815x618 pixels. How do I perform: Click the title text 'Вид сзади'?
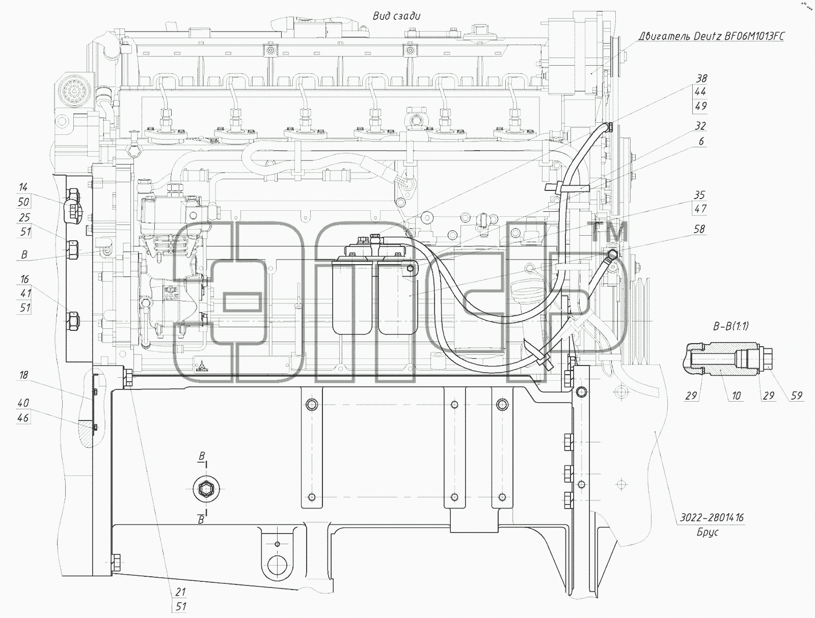point(396,16)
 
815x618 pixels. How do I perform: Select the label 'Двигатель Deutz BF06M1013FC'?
point(712,36)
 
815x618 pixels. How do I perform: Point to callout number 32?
point(700,126)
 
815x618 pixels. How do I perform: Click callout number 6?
point(701,142)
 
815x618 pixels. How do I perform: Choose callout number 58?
point(699,229)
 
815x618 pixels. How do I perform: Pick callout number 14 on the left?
point(23,187)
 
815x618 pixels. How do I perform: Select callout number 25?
point(24,217)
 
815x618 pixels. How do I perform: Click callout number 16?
point(24,279)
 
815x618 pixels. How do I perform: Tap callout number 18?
point(23,375)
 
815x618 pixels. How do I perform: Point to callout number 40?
point(23,403)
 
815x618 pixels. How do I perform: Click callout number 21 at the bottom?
point(180,592)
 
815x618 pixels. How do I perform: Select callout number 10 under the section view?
point(736,396)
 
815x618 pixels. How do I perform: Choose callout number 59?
point(797,396)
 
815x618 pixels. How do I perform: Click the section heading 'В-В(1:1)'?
point(731,326)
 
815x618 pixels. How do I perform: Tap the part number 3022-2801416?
point(712,518)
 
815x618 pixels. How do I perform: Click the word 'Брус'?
point(708,532)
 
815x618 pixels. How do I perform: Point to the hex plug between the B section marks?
point(206,489)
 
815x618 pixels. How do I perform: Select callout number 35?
point(699,195)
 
